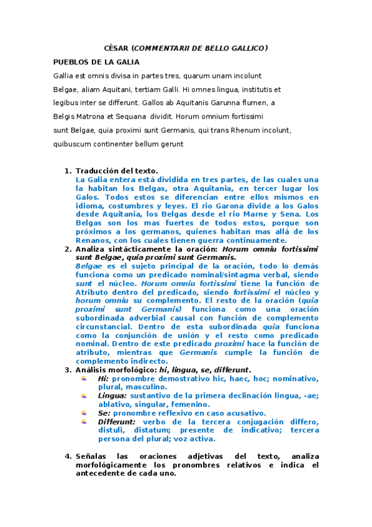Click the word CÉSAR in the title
(x=116, y=48)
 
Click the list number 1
(x=67, y=170)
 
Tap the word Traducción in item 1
(x=97, y=170)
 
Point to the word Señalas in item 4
(x=93, y=456)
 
